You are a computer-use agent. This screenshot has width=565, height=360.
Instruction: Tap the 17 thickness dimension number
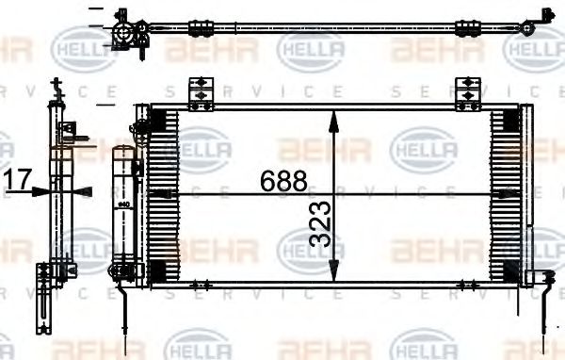pyautogui.click(x=18, y=179)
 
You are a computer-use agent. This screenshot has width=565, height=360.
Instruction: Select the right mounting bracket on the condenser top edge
pyautogui.click(x=467, y=93)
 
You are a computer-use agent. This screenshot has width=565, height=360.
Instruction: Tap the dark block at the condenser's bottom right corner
pyautogui.click(x=505, y=271)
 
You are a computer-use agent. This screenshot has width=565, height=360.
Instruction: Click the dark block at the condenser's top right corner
pyautogui.click(x=505, y=120)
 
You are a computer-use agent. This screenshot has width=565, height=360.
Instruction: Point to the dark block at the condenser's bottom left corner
pyautogui.click(x=162, y=271)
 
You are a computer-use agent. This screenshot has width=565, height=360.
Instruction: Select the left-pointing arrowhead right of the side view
pyautogui.click(x=83, y=189)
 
